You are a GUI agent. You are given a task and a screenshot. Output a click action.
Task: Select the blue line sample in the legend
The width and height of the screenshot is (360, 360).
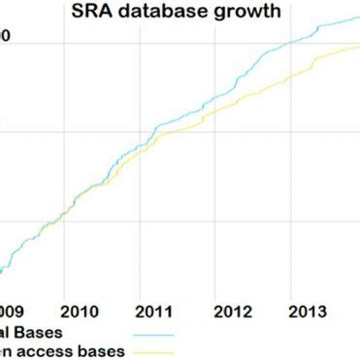click(x=149, y=334)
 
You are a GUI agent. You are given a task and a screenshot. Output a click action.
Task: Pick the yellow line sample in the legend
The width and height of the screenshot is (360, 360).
click(x=149, y=352)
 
